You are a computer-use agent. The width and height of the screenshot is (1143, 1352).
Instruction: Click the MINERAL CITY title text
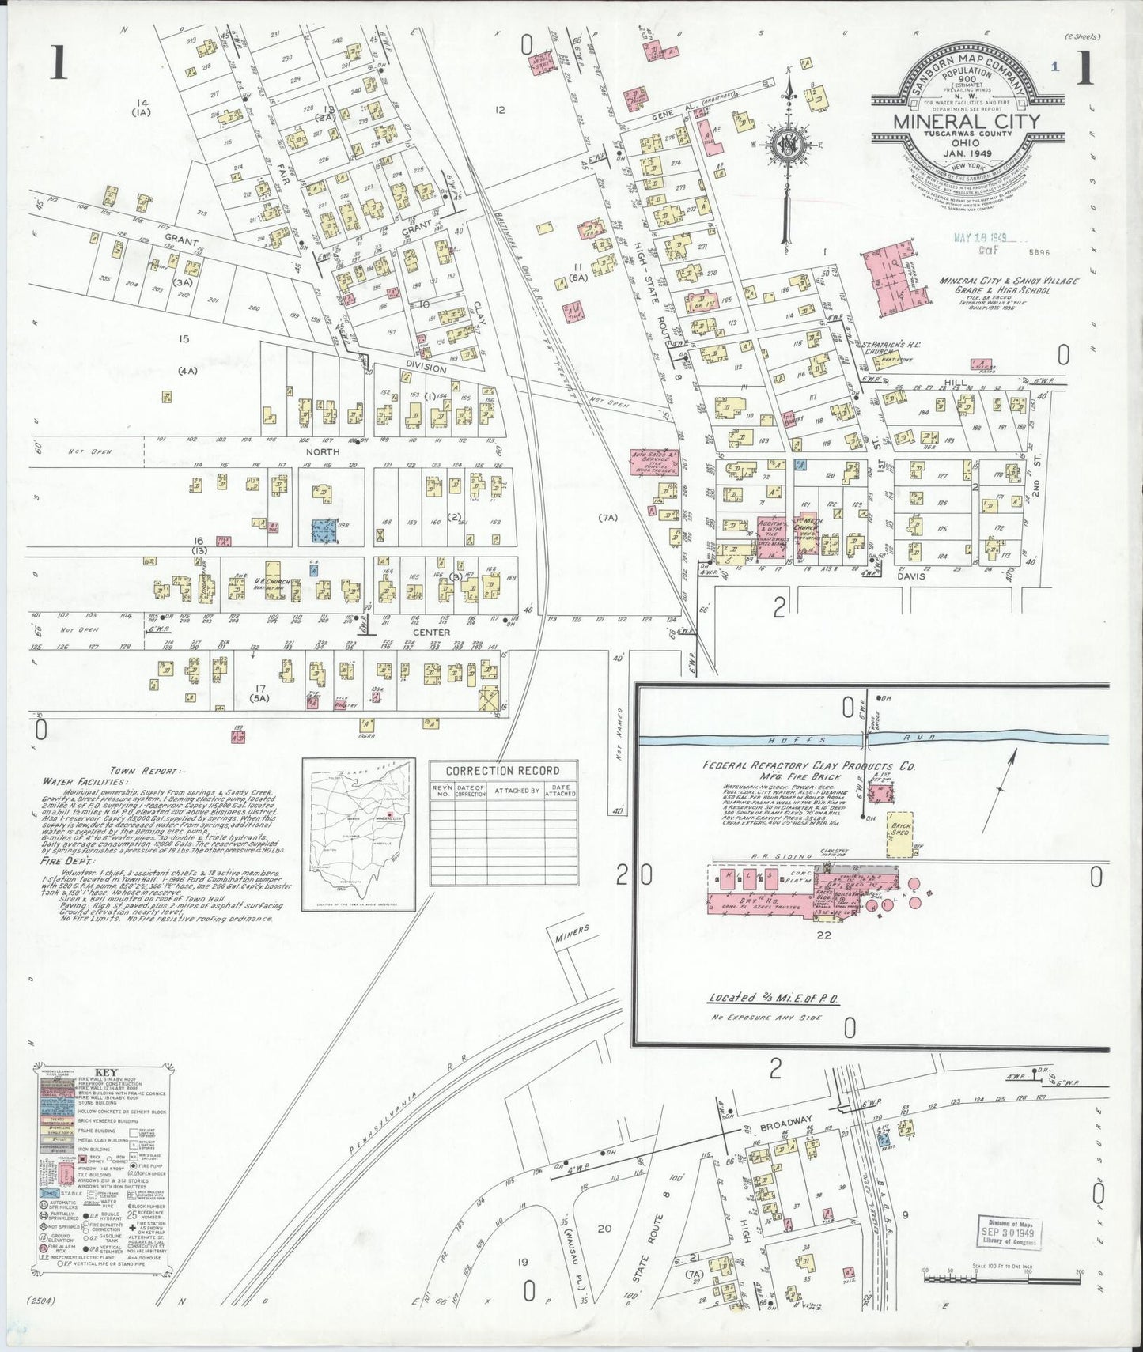967,122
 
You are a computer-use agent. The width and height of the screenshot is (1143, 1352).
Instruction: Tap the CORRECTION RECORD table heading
503,770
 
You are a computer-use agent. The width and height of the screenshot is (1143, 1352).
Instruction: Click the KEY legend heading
104,1073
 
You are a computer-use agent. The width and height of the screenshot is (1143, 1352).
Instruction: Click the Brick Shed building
900,833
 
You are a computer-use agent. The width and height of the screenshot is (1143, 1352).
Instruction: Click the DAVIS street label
910,576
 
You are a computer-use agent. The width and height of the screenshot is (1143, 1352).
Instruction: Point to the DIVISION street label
426,368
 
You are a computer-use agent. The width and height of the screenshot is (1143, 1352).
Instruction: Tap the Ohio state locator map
359,834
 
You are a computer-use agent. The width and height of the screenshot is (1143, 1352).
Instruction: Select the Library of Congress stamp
1008,1233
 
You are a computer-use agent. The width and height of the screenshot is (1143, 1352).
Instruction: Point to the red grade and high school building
892,277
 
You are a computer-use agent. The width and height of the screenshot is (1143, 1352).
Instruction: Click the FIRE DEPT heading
70,860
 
